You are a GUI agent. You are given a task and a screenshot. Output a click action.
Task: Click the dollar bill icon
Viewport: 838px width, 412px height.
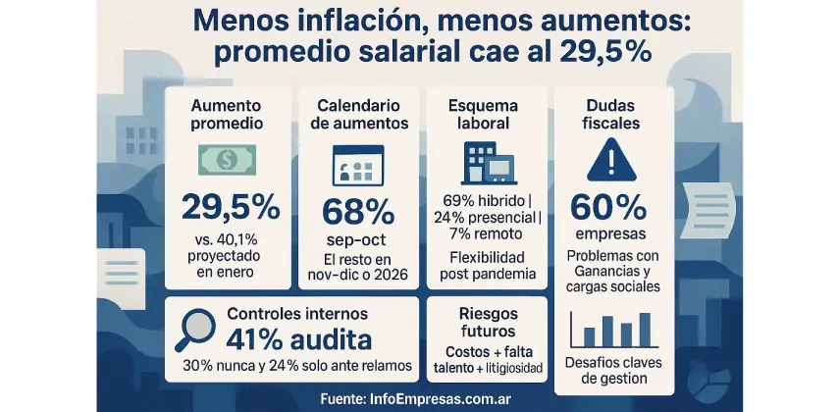(x=228, y=160)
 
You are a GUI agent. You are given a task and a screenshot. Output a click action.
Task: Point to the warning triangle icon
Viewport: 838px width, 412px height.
(x=612, y=160)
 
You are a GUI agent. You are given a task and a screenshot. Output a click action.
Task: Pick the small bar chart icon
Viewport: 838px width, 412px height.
(x=613, y=331)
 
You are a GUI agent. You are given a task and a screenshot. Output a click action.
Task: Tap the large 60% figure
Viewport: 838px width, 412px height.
(x=612, y=208)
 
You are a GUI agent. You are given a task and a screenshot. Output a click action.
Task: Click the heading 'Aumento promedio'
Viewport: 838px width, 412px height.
(x=228, y=116)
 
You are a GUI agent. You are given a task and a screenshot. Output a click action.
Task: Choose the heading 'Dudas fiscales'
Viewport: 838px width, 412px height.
(x=612, y=116)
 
